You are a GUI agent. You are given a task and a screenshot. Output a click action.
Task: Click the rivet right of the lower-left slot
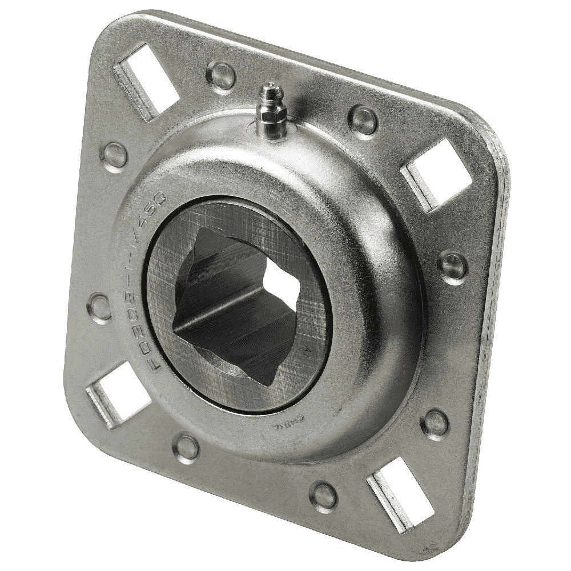[x=186, y=446]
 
